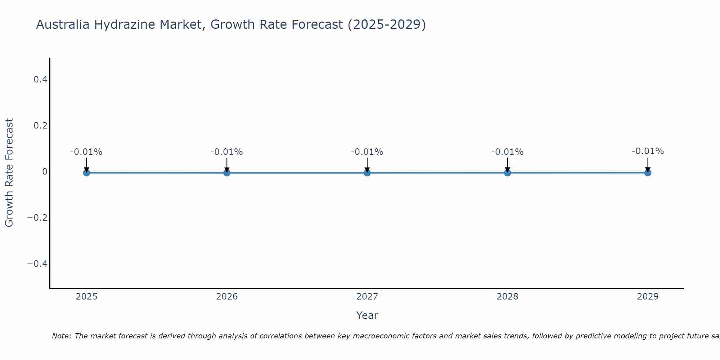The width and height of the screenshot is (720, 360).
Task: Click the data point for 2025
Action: coord(86,173)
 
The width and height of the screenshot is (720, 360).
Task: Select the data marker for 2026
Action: coord(227,173)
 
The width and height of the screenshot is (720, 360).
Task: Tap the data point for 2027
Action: coord(367,173)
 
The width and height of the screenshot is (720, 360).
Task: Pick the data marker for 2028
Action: coord(507,173)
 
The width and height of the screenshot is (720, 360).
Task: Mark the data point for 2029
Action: coord(648,173)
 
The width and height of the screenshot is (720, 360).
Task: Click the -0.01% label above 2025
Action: coord(86,152)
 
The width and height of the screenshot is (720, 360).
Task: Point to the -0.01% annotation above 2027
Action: coord(367,152)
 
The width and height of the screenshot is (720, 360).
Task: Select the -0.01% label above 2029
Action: coord(648,151)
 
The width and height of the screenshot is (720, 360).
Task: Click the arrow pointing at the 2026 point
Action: coord(227,165)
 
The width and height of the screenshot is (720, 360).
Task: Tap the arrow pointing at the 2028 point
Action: coord(507,165)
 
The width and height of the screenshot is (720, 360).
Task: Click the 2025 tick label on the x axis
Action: coord(86,297)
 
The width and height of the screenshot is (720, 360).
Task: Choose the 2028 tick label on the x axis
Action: coord(507,297)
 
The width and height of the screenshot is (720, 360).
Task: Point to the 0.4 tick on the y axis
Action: coord(41,79)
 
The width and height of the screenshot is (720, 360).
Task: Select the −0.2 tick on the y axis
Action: coord(37,218)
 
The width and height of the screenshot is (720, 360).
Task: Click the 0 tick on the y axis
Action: coord(45,172)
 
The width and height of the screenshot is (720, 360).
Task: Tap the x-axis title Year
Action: coord(367,315)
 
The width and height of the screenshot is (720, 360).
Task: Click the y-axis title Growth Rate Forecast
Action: coord(9,173)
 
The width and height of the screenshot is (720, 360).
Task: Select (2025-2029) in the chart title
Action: coord(387,24)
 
